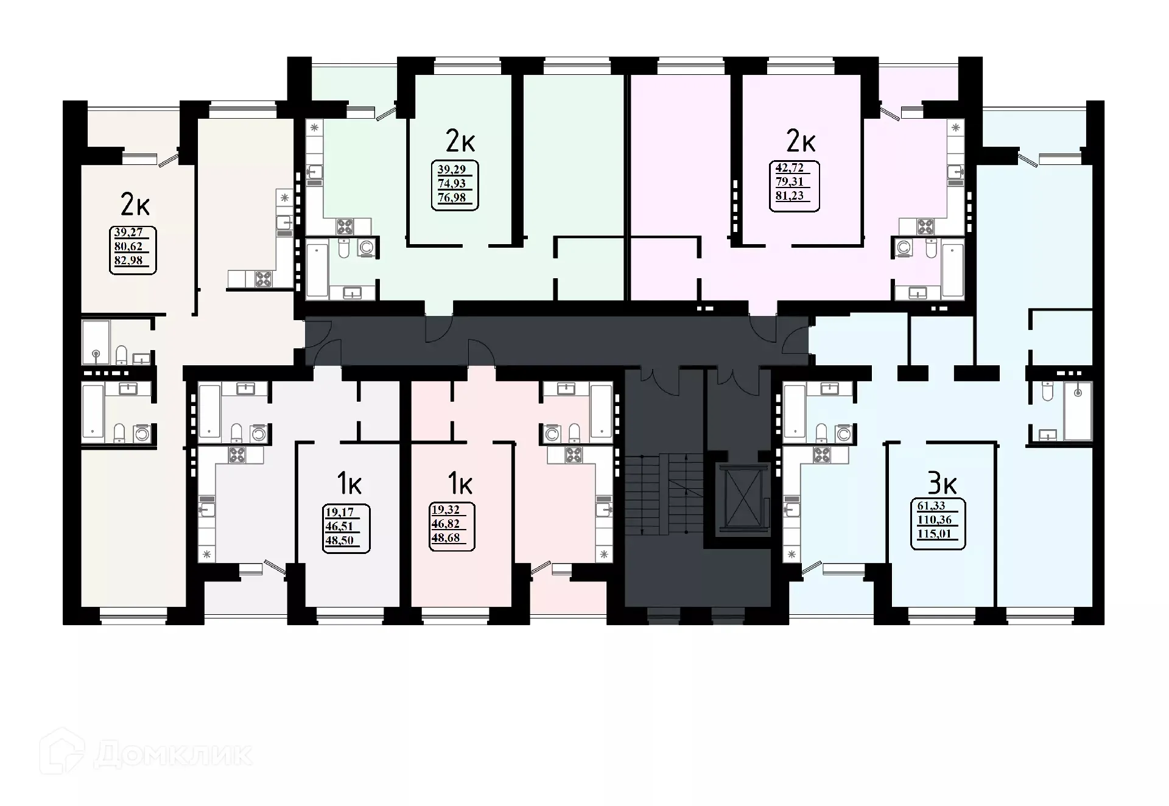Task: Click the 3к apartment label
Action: tap(942, 485)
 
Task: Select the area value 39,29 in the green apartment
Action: tap(451, 170)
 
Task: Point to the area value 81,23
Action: tap(789, 196)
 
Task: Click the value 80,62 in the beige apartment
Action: tap(128, 247)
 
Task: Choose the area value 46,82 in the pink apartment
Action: tap(445, 524)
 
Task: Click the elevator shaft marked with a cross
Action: tap(739, 494)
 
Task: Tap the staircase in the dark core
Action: tap(664, 493)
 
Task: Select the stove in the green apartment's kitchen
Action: tap(345, 227)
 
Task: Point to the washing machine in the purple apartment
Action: tap(904, 248)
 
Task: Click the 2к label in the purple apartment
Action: tap(801, 142)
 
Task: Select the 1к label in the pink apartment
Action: tap(460, 485)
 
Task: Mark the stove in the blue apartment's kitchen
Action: tap(823, 455)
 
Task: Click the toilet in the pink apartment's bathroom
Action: tap(574, 433)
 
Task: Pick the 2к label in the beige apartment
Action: tap(135, 205)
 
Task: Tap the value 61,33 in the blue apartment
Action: tap(931, 506)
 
